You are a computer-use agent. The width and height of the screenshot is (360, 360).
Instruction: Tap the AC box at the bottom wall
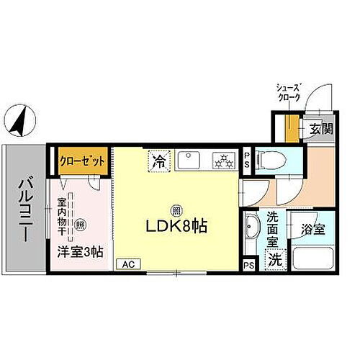pos(127,264)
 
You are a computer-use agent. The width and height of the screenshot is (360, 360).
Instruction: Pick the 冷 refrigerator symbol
pos(158,160)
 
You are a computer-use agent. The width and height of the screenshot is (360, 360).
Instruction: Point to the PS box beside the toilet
pos(247,158)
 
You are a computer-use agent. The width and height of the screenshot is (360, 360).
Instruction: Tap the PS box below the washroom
pos(248,265)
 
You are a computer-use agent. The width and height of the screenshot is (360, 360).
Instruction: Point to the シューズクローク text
pos(291,92)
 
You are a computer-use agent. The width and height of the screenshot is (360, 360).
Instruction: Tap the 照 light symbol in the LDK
pos(176,211)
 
